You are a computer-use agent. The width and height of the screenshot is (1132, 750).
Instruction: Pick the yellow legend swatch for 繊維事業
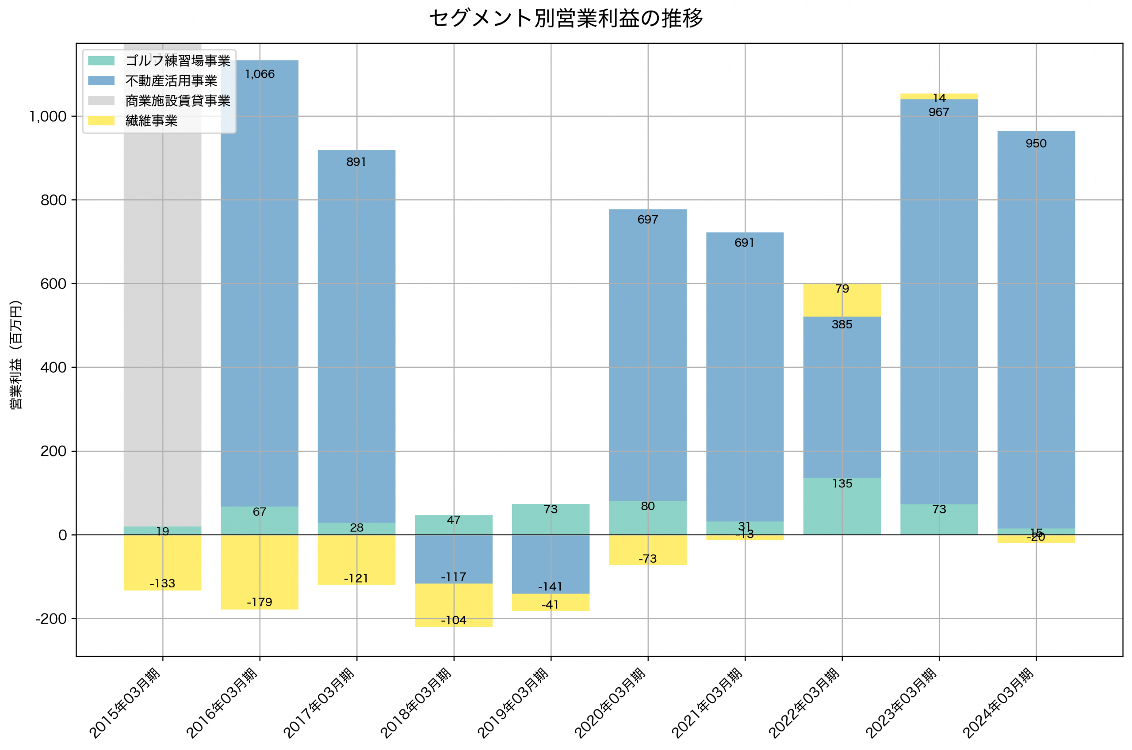click(101, 121)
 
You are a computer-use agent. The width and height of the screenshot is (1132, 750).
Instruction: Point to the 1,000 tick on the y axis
click(48, 117)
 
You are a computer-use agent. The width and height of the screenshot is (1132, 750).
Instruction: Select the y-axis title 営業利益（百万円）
click(16, 355)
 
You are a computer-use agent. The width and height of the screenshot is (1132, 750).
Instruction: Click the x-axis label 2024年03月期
click(999, 703)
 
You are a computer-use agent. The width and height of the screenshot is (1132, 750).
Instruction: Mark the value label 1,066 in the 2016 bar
click(260, 74)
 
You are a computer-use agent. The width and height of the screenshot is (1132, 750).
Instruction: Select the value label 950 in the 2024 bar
click(1036, 144)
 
